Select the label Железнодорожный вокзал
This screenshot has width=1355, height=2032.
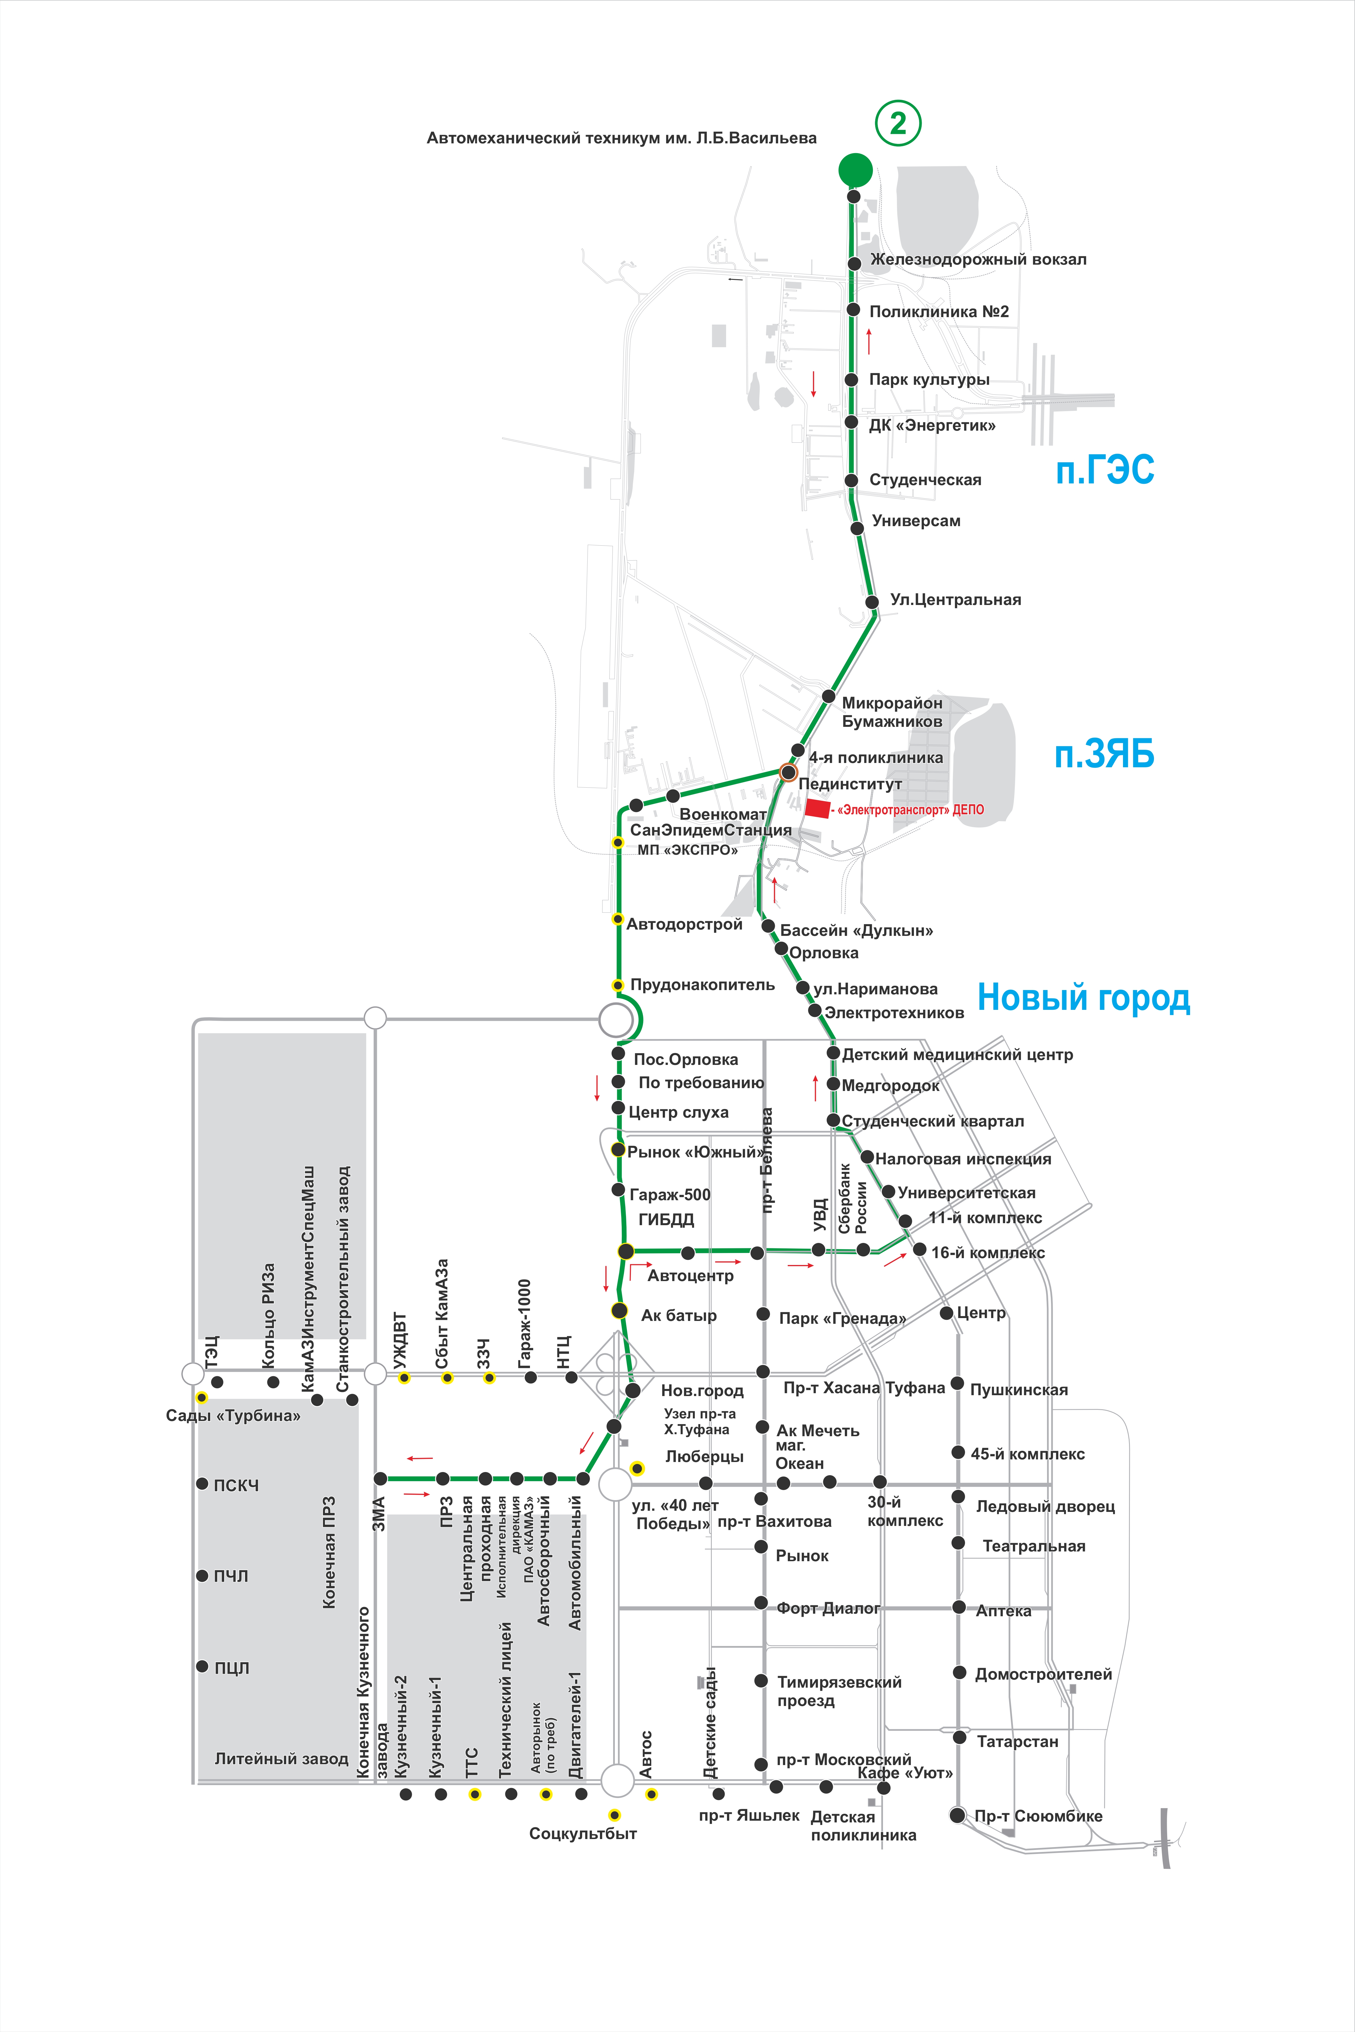tap(978, 259)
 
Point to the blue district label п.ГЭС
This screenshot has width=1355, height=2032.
tap(1104, 470)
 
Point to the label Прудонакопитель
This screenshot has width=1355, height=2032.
tap(702, 985)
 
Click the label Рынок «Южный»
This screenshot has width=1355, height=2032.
tap(696, 1152)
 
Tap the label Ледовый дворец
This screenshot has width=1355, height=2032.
tap(1045, 1506)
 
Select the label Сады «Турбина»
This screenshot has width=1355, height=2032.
tap(233, 1415)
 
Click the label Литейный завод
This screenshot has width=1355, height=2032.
tap(281, 1758)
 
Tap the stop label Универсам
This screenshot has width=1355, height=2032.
tap(916, 521)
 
